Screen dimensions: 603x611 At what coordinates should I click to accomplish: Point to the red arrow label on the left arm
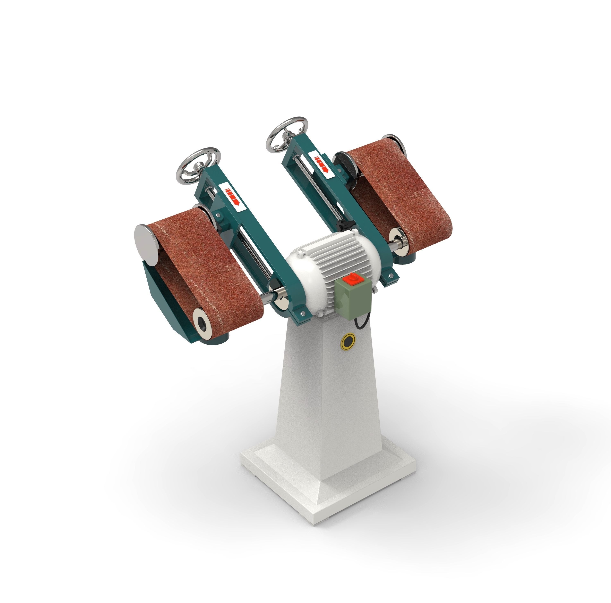point(232,196)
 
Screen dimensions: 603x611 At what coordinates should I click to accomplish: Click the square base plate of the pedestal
point(329,475)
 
